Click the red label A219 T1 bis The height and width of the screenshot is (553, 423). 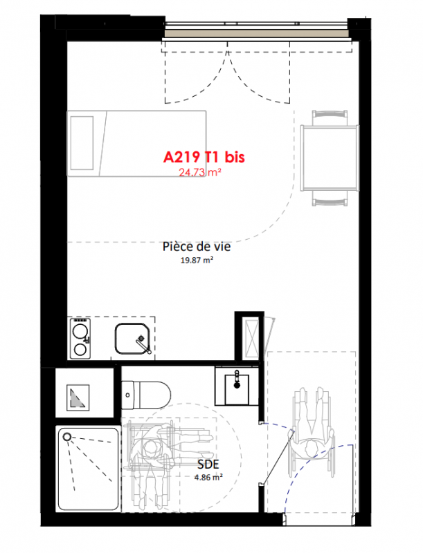tap(204, 157)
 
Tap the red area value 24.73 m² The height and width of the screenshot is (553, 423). tap(200, 172)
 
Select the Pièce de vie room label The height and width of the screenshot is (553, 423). tap(197, 246)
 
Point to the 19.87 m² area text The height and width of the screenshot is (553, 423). tap(197, 261)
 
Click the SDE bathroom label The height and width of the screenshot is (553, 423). tap(208, 464)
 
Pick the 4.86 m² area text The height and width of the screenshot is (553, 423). tap(208, 478)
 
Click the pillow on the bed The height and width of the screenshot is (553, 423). tap(82, 143)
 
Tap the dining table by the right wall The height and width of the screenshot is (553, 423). tap(330, 158)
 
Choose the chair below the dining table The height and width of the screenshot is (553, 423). tap(330, 198)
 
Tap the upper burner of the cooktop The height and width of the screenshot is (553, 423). tap(80, 331)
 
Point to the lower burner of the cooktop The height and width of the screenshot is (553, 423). tap(80, 350)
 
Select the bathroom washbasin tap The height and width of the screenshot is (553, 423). tap(237, 379)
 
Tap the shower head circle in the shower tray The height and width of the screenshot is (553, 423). tap(66, 438)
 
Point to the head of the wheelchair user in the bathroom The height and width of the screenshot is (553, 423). tap(152, 450)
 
